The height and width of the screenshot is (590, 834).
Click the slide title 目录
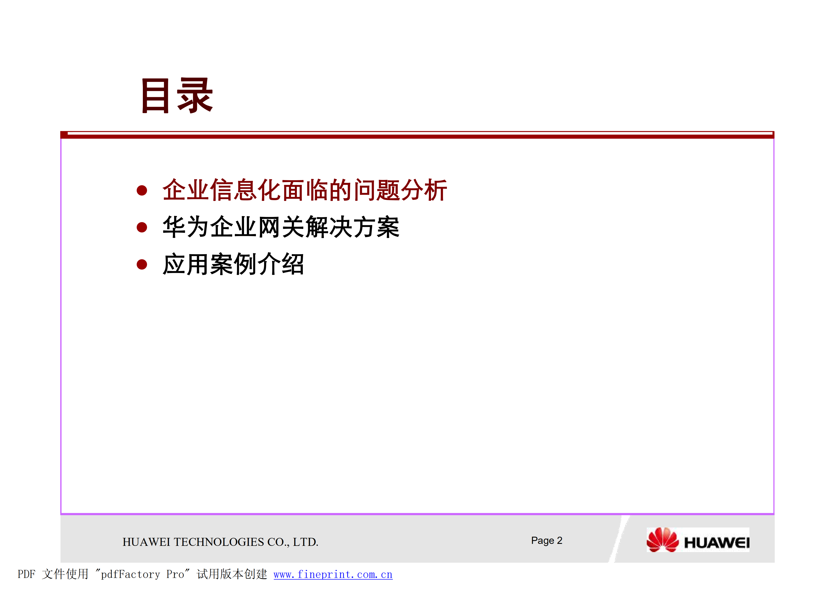click(177, 95)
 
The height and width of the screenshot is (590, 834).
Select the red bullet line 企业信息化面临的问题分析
click(304, 190)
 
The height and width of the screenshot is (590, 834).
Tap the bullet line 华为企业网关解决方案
click(281, 227)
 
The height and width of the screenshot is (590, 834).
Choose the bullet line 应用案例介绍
click(233, 264)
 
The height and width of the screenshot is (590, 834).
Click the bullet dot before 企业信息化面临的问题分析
click(142, 190)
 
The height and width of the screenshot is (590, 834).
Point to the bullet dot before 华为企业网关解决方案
click(142, 227)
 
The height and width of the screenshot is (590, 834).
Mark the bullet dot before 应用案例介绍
click(142, 264)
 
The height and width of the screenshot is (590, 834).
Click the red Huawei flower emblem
click(662, 540)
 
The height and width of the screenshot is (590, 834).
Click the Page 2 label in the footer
click(546, 541)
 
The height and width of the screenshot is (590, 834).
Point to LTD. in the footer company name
click(306, 542)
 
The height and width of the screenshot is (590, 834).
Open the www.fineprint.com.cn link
click(333, 574)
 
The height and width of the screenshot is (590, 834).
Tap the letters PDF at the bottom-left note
click(26, 574)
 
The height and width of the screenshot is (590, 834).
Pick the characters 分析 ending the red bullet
click(424, 190)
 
